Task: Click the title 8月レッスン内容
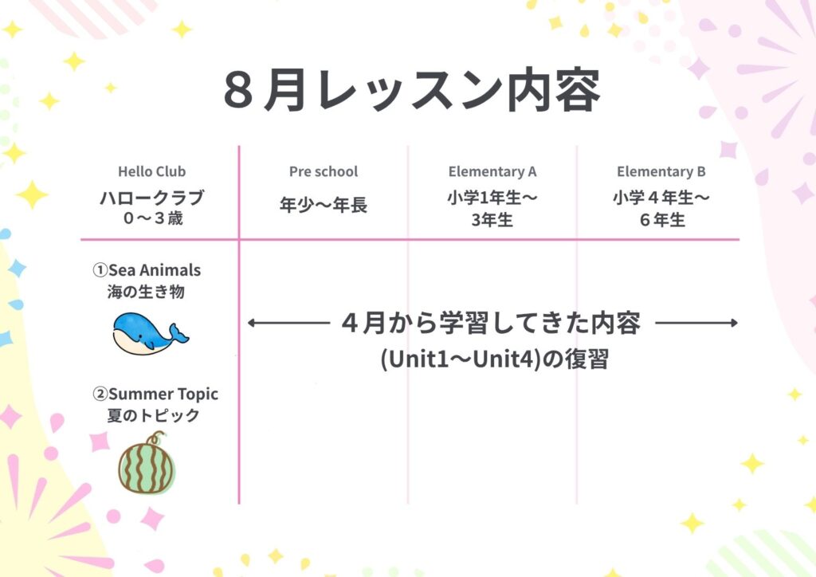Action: [x=412, y=91]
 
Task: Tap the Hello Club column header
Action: [x=151, y=171]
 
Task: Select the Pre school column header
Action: [x=324, y=171]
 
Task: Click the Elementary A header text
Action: [x=492, y=171]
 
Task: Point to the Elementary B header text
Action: [x=661, y=171]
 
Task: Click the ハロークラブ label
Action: [x=152, y=198]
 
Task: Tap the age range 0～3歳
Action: [x=153, y=218]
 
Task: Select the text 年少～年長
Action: [x=324, y=205]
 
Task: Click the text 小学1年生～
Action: [x=492, y=198]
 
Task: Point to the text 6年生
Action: [x=662, y=219]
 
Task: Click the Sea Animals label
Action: [x=147, y=270]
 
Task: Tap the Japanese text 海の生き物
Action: [x=146, y=292]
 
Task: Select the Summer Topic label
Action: [x=155, y=394]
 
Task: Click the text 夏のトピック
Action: [x=153, y=415]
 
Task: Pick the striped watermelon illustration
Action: [x=147, y=464]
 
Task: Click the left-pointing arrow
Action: [x=288, y=323]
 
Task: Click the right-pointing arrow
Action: [x=696, y=323]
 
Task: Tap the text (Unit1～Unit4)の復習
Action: [x=494, y=359]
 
